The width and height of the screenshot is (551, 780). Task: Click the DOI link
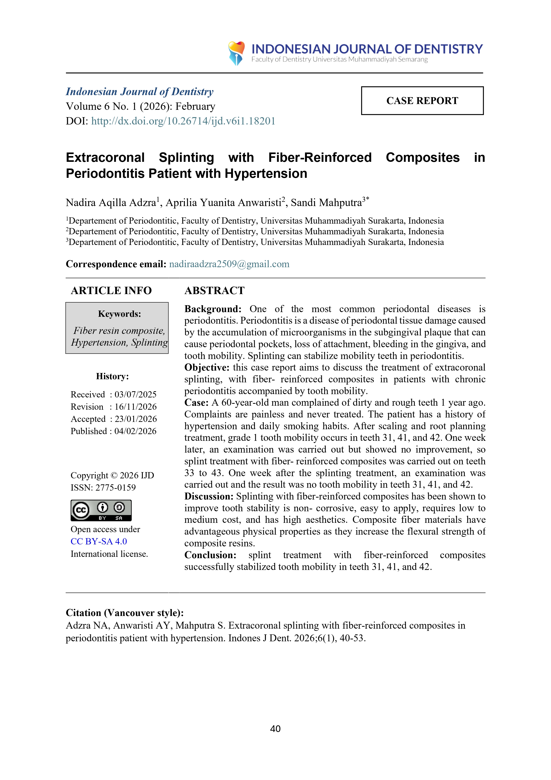click(183, 121)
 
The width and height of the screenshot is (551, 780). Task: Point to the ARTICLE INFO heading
click(111, 291)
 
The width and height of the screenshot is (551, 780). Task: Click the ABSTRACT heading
click(214, 291)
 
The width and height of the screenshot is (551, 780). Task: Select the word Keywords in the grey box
click(119, 314)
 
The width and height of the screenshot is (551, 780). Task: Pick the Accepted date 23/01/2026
click(135, 419)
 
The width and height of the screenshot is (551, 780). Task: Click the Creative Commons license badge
click(101, 510)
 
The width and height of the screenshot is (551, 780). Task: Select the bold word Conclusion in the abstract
click(210, 555)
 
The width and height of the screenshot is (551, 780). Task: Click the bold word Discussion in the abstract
click(209, 496)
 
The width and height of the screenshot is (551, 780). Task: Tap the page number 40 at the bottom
click(275, 729)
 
